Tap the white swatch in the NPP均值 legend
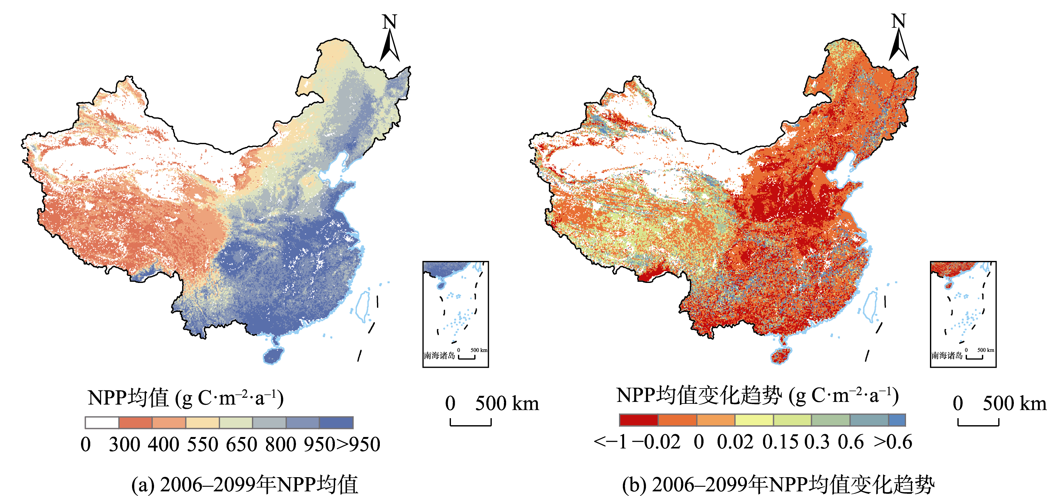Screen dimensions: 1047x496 coord(102,422)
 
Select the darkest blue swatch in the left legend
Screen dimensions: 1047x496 coord(336,422)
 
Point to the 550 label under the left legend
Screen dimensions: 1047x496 coord(203,444)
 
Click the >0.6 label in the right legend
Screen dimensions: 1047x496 coord(893,442)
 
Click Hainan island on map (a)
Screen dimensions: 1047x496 coord(273,355)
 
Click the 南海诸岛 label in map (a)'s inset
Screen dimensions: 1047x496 coord(439,356)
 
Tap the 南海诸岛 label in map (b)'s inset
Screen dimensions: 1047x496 coord(947,356)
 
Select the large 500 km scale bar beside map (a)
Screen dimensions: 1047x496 coord(471,423)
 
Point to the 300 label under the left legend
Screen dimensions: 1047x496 coord(124,444)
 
